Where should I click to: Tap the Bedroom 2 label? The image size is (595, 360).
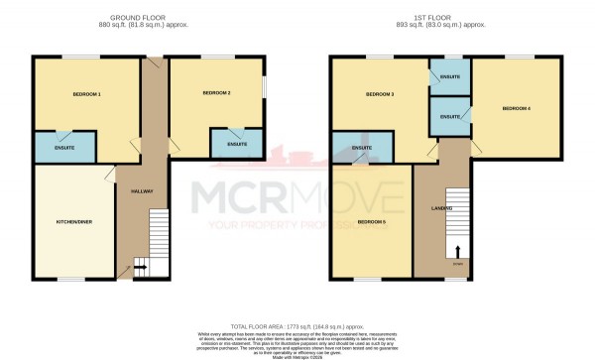point(216,93)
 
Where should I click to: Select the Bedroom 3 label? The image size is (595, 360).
point(380,94)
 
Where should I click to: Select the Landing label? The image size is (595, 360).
point(443,207)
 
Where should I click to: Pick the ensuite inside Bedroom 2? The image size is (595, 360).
point(236,145)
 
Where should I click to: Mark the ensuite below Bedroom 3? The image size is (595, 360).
point(362,148)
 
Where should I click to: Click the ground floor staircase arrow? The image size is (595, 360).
point(140,266)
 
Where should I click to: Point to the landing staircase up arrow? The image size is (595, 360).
point(458,252)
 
